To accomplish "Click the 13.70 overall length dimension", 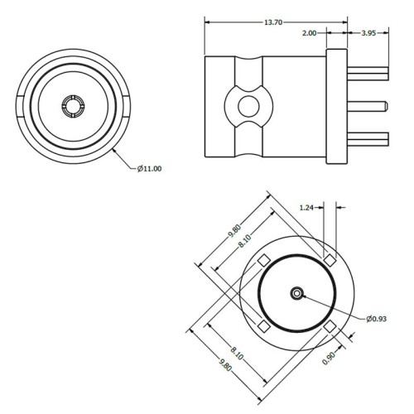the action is [x=273, y=22].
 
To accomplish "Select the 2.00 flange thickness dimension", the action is [x=309, y=33].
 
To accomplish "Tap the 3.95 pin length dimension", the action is [x=368, y=33].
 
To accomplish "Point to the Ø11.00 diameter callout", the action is [x=150, y=168].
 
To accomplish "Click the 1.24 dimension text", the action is [x=306, y=208].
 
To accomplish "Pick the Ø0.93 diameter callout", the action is [x=377, y=319].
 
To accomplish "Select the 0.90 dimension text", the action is [x=329, y=359].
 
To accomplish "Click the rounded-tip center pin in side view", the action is [x=368, y=106].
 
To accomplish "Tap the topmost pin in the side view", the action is [x=368, y=74].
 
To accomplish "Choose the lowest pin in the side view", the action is [x=368, y=139].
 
